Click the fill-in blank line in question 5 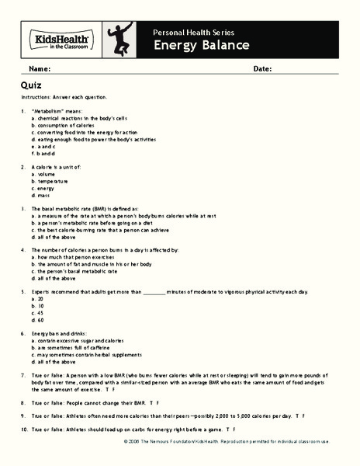(x=155, y=290)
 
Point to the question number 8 (x=24, y=404)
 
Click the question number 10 (x=23, y=428)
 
